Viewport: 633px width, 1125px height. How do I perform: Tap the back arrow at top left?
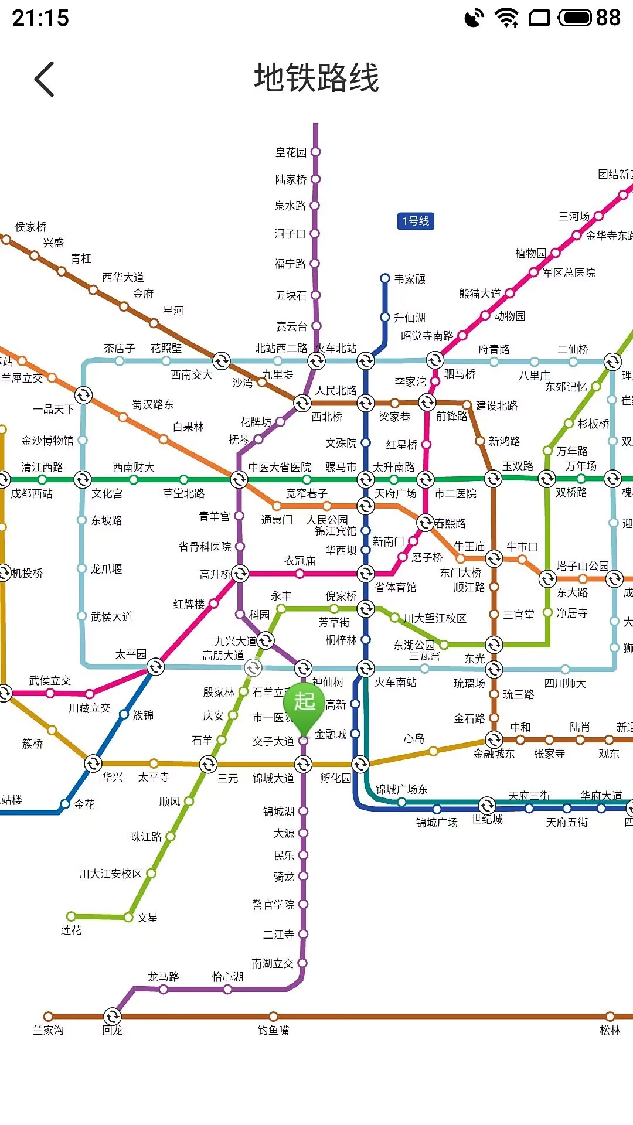coord(45,79)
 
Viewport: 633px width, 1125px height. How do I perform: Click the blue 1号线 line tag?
coord(416,221)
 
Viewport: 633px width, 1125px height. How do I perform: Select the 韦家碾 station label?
coord(410,279)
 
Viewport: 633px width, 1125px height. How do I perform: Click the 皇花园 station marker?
coord(315,152)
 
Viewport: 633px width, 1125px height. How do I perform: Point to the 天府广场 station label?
coord(396,494)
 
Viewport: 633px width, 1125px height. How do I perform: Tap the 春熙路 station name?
coord(450,523)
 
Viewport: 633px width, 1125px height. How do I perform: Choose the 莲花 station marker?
coord(71,916)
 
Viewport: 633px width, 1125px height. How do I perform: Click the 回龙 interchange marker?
coord(112,1017)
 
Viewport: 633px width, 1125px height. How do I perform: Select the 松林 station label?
coord(610,1030)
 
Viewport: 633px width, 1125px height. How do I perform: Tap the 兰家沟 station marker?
coord(48,1017)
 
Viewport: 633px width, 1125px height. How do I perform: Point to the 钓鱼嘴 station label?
coord(273,1030)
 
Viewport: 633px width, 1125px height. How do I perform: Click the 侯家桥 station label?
coord(31,227)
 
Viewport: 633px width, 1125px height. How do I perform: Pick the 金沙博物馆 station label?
coord(47,441)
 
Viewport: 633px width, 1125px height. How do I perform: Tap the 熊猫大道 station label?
coord(479,294)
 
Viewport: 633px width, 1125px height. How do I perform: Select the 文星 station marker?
coord(129,917)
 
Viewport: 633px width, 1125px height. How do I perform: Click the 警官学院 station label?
coord(273,905)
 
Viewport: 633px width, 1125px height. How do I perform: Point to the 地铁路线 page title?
coord(316,78)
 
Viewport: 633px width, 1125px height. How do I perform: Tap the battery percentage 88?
coord(608,18)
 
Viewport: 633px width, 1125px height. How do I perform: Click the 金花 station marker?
coord(65,804)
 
